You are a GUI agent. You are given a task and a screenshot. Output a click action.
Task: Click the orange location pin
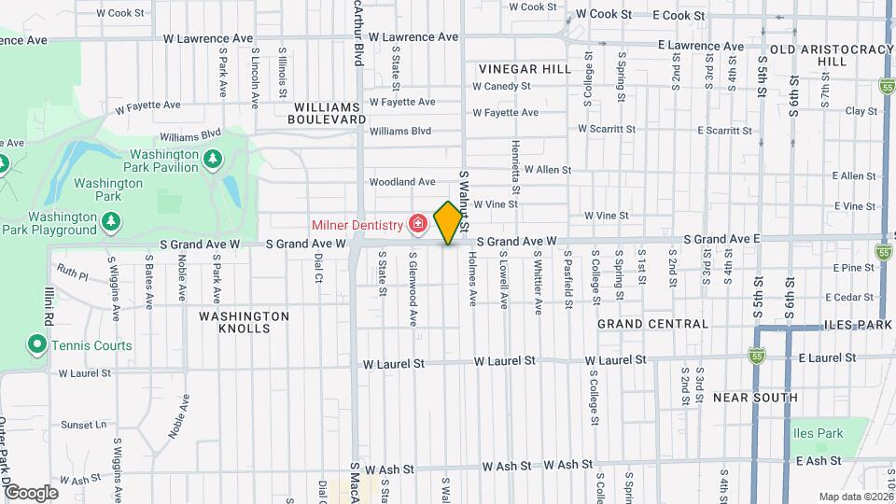[x=448, y=222]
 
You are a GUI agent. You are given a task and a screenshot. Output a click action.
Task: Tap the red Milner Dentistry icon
[x=416, y=224]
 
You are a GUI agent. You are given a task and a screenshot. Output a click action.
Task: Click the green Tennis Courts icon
[x=36, y=345]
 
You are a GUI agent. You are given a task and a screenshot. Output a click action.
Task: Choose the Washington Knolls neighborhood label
[x=244, y=322]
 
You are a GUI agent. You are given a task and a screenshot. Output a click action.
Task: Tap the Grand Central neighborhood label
[x=652, y=323]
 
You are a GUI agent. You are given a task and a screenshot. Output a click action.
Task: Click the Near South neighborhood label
[x=755, y=398]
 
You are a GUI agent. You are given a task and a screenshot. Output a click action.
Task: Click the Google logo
[x=30, y=492]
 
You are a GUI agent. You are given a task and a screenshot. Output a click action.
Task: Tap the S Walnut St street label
[x=464, y=202]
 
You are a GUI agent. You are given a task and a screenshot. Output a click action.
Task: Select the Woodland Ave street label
[x=402, y=181]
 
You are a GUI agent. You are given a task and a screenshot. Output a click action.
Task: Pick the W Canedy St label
[x=501, y=86]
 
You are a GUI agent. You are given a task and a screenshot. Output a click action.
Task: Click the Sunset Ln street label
[x=82, y=424]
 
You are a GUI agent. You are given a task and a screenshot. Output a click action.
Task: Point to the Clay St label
[x=855, y=111]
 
